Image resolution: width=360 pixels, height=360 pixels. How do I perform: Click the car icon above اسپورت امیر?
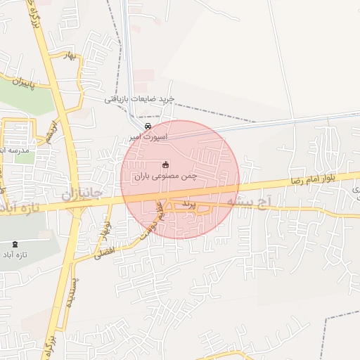click(x=148, y=126)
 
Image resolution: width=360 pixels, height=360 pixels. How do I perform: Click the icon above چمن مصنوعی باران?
click(x=166, y=165)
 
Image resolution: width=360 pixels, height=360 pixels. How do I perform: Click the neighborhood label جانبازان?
click(x=84, y=192)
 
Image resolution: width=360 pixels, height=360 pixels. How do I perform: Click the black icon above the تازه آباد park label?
click(x=16, y=244)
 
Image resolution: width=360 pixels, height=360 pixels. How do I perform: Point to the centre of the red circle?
click(x=180, y=180)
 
